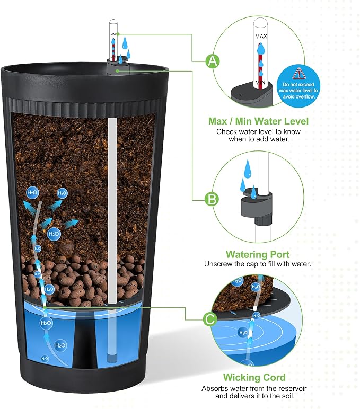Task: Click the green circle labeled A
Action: (x=213, y=61)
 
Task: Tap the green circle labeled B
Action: (x=212, y=200)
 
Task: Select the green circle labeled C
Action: (x=210, y=319)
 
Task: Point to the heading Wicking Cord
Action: (x=254, y=377)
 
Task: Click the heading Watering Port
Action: (x=257, y=254)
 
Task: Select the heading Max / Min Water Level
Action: (x=258, y=121)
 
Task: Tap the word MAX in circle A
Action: (x=261, y=37)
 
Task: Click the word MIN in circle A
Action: (x=260, y=83)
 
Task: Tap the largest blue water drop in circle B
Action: (x=248, y=168)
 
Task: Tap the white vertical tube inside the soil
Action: (x=112, y=210)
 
